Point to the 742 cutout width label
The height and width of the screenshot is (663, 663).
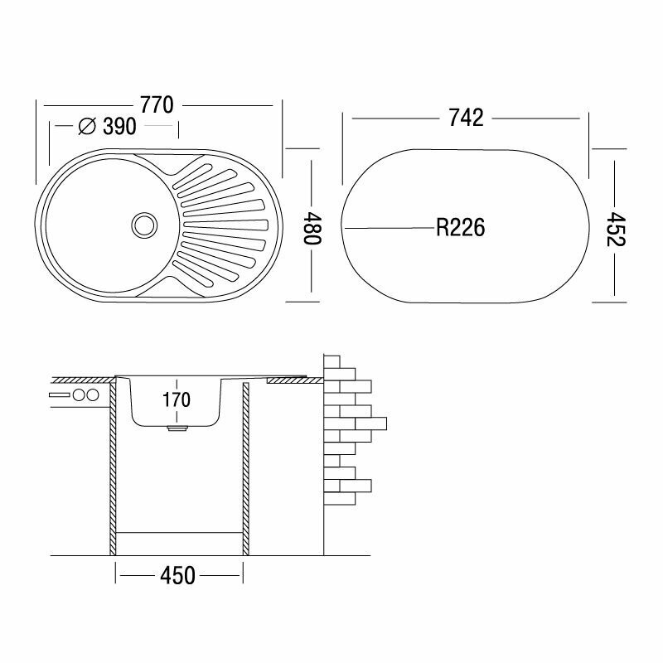[x=467, y=119]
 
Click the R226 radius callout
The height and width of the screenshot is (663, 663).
[x=460, y=226]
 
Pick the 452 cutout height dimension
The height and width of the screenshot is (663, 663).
[x=614, y=226]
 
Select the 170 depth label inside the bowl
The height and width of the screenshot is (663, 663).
[x=177, y=400]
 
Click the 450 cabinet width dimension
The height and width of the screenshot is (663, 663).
[x=178, y=573]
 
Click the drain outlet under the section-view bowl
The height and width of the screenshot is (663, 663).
[x=176, y=429]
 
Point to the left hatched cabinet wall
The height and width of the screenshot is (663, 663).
[x=111, y=468]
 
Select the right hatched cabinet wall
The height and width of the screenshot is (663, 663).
[x=246, y=468]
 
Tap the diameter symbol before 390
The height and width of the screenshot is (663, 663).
[x=85, y=127]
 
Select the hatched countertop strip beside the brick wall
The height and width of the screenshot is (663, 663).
[x=295, y=380]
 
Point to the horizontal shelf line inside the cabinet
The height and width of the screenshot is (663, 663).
[x=178, y=531]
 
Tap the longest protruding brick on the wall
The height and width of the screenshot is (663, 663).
[x=371, y=424]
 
